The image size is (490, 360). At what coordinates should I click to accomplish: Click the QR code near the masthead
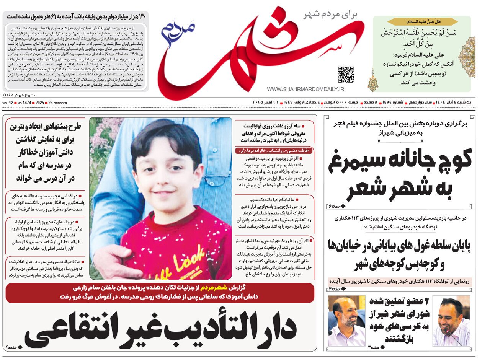pyautogui.click(x=346, y=75)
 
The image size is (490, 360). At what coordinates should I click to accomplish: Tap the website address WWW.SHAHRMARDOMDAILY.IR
pyautogui.click(x=305, y=89)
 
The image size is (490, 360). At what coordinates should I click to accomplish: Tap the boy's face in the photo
pyautogui.click(x=167, y=168)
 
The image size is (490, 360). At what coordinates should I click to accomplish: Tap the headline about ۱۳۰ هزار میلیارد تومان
pyautogui.click(x=77, y=17)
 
